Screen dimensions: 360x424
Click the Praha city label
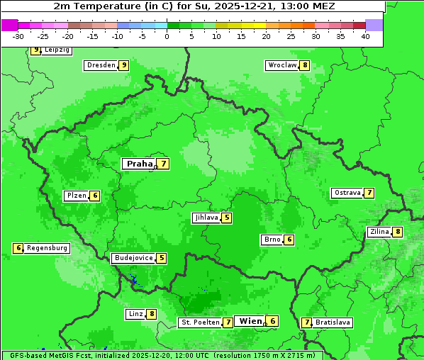pyautogui.click(x=139, y=164)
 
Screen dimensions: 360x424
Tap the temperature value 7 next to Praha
pyautogui.click(x=164, y=164)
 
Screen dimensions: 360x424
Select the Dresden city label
pyautogui.click(x=101, y=65)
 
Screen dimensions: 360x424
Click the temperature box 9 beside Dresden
pyautogui.click(x=123, y=65)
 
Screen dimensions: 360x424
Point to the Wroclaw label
pyautogui.click(x=281, y=65)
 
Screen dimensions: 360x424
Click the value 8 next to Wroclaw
pyautogui.click(x=305, y=65)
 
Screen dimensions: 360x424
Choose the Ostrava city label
pyautogui.click(x=347, y=193)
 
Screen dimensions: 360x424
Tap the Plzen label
pyautogui.click(x=76, y=196)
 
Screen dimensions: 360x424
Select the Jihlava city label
pyautogui.click(x=206, y=218)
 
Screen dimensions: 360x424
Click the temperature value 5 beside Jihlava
pyautogui.click(x=227, y=218)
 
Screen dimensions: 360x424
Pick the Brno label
pyautogui.click(x=272, y=240)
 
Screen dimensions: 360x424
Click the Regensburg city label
pyautogui.click(x=48, y=248)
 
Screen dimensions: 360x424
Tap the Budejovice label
pyautogui.click(x=133, y=258)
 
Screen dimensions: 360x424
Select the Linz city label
pyautogui.click(x=135, y=314)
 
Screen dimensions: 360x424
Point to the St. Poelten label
pyautogui.click(x=200, y=322)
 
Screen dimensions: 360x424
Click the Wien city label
pyautogui.click(x=250, y=321)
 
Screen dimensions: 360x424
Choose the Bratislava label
pyautogui.click(x=333, y=322)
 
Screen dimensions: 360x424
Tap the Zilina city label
pyautogui.click(x=379, y=232)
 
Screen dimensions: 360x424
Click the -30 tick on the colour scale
pyautogui.click(x=18, y=35)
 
